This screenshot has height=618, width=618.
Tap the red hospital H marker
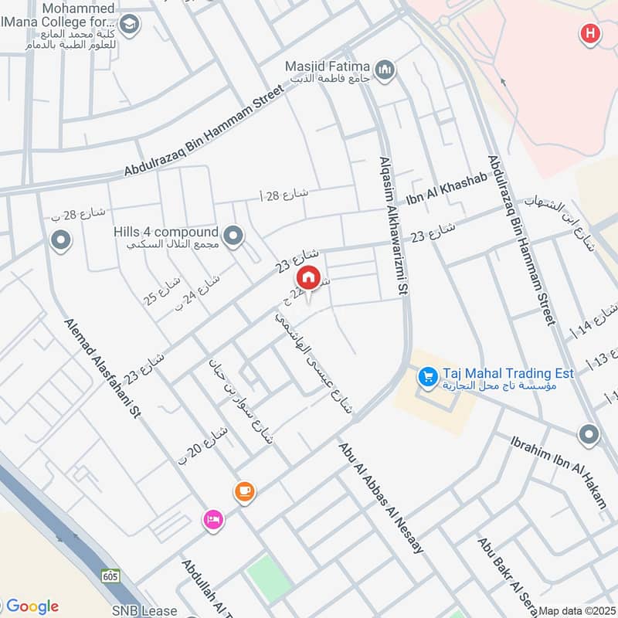[x=590, y=33]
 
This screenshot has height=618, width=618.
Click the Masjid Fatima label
[x=328, y=67]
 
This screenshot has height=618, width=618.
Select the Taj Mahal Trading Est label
[x=508, y=373]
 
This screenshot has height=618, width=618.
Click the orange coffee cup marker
[x=244, y=491]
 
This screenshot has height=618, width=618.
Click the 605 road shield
[x=110, y=576]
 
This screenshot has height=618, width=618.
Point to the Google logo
[x=32, y=606]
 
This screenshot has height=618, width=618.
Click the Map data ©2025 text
[x=576, y=610]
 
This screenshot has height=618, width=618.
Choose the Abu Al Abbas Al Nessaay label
[x=381, y=497]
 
